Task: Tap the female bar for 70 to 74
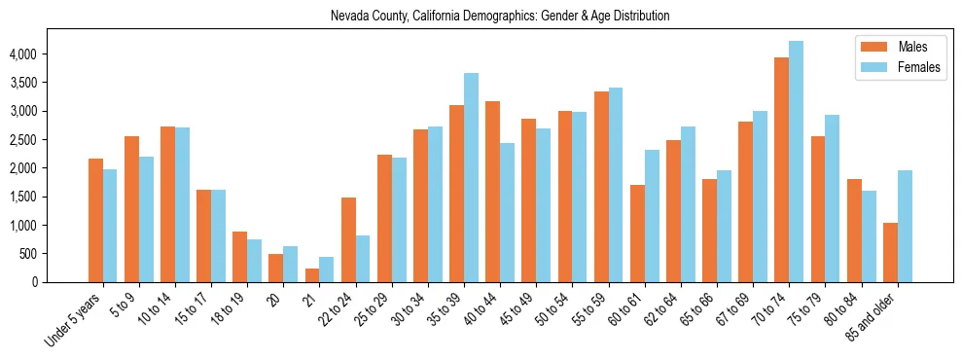[x=796, y=162]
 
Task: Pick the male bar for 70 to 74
[x=781, y=169]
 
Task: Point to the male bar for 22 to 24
[x=348, y=239]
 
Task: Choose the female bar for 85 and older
[x=905, y=226]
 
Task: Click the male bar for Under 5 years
[x=95, y=220]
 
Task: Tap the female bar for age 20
[x=291, y=265]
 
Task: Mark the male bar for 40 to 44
[x=492, y=192]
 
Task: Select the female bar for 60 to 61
[x=652, y=216]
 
